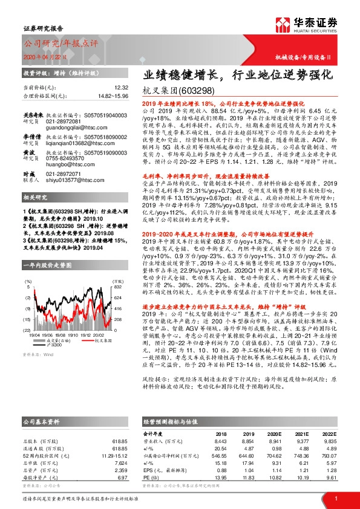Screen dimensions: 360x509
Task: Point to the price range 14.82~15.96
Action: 111,96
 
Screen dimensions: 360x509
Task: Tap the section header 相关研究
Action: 35,197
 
